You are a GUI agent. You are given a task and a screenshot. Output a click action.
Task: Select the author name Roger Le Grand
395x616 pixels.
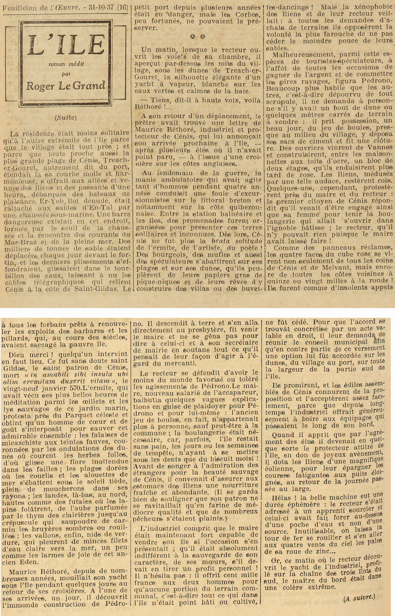click(66, 86)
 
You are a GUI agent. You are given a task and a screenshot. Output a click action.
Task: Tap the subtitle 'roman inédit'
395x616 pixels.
click(66, 64)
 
